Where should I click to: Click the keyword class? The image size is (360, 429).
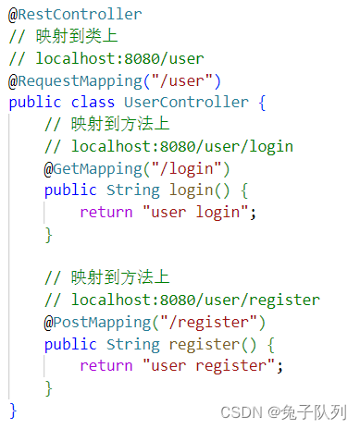(x=93, y=103)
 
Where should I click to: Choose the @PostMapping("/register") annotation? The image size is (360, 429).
(x=155, y=323)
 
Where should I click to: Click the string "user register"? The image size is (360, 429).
(x=211, y=366)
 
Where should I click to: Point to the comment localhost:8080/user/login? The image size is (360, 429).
(x=181, y=146)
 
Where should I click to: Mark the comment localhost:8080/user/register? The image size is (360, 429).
(x=195, y=300)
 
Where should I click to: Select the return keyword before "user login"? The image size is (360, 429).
(x=106, y=213)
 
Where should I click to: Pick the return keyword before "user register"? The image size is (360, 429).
(x=106, y=366)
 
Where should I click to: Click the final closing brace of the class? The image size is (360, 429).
(x=13, y=409)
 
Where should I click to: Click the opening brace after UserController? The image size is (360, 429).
(x=262, y=103)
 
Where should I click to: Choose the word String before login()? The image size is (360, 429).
(x=133, y=190)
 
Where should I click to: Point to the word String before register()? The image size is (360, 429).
(x=133, y=345)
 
